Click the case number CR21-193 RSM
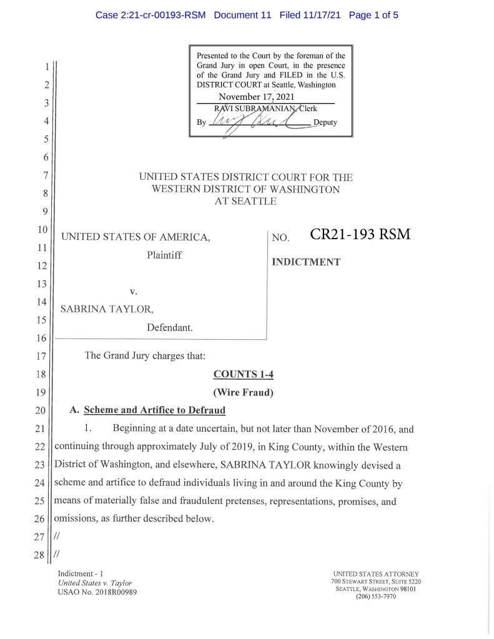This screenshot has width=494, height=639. [x=360, y=235]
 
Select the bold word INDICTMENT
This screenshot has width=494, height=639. [x=306, y=262]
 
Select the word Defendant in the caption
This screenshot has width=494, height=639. [x=170, y=327]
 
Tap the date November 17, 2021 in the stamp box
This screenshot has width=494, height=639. [x=256, y=97]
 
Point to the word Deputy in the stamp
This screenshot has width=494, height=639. [x=325, y=122]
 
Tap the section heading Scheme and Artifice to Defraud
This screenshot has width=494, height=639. [x=154, y=410]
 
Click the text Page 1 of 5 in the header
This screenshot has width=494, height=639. [x=373, y=16]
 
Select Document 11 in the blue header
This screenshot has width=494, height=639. [x=242, y=16]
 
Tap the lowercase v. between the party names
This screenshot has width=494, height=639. [x=133, y=291]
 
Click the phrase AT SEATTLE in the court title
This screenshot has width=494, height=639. [x=245, y=201]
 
